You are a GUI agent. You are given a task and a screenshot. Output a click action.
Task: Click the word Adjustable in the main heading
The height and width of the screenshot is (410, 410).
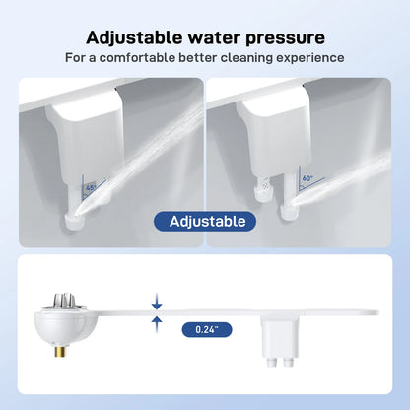coord(132,37)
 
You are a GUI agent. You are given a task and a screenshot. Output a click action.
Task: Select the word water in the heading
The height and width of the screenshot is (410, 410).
coord(208,37)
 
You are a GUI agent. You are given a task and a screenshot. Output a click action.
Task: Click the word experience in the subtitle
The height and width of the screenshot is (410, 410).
coord(308,58)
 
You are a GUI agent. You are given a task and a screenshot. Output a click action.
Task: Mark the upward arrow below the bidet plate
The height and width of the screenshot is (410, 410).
coord(156,333)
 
